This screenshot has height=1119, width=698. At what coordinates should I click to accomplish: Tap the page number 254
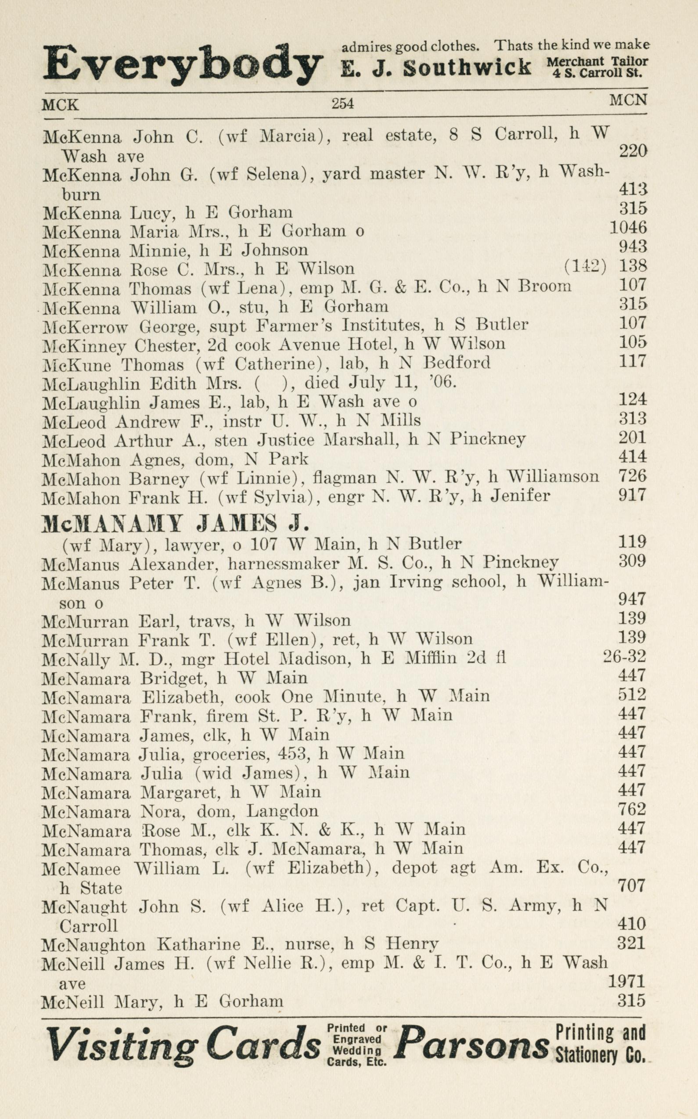point(342,104)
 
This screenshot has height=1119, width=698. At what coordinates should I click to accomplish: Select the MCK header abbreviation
point(60,105)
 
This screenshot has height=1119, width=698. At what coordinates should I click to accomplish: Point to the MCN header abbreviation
point(628,100)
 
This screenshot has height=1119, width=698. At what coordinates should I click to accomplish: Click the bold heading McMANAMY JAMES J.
point(175,524)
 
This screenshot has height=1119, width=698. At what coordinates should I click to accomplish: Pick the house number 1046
point(628,227)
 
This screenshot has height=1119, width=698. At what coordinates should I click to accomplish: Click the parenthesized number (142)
point(585,267)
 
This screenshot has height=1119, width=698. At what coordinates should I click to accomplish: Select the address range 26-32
point(625,656)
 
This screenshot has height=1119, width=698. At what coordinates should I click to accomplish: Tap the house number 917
point(632,495)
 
